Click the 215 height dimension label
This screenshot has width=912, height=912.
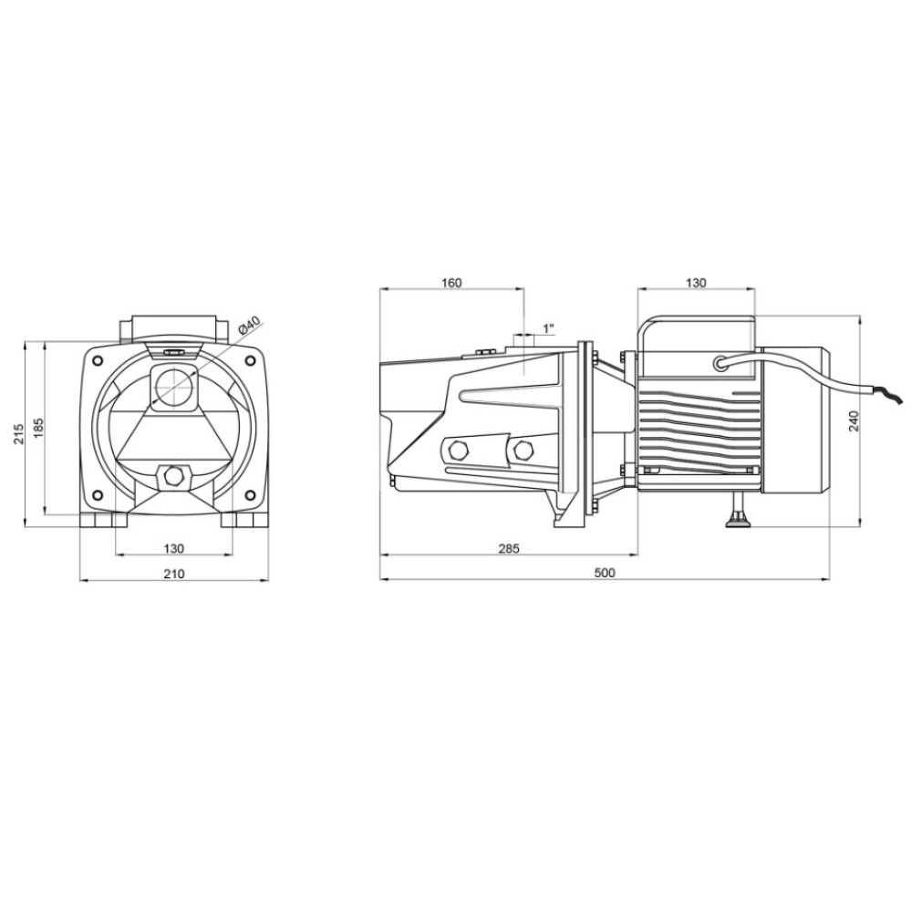click(18, 433)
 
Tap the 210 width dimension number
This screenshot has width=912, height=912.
click(174, 574)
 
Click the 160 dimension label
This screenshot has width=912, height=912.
click(451, 283)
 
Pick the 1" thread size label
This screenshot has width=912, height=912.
click(548, 328)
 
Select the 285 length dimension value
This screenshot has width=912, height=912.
click(509, 548)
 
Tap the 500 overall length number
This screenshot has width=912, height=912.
click(605, 573)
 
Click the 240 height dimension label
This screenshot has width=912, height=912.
click(854, 420)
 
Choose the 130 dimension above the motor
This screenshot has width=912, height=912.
click(696, 283)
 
